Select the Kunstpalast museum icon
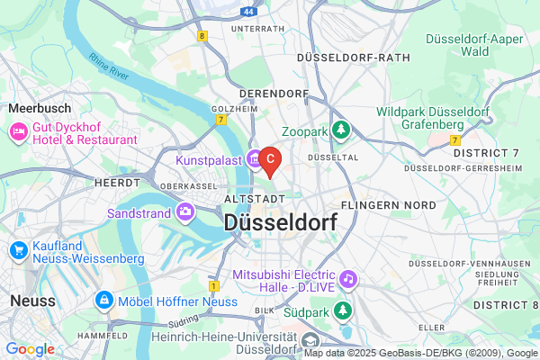(255, 158)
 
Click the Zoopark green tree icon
(341, 131)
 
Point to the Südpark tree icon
(342, 310)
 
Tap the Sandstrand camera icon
(185, 213)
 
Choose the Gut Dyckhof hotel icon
(18, 133)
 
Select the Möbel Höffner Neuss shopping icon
(105, 300)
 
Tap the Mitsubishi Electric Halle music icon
(348, 280)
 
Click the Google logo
(30, 349)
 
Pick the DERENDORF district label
(273, 93)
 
